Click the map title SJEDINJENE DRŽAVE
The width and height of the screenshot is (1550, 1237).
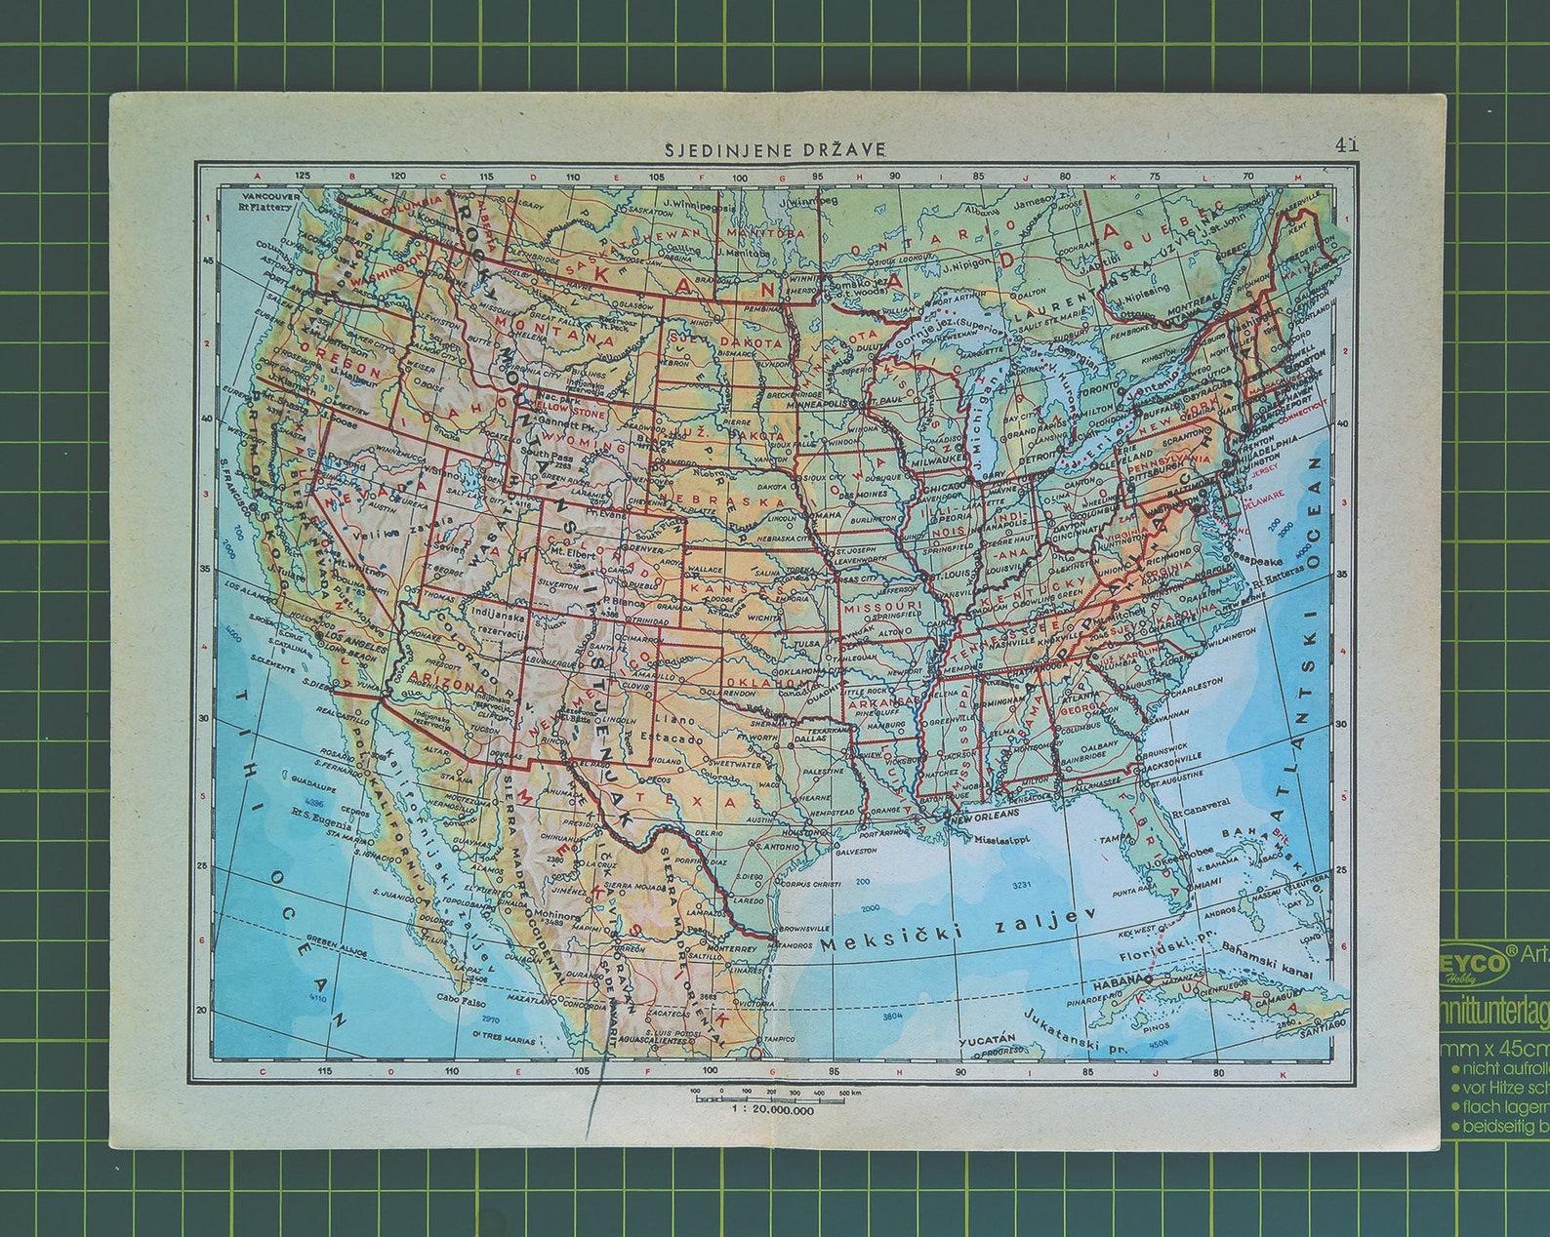point(775,149)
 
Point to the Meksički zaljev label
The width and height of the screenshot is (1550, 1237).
point(959,932)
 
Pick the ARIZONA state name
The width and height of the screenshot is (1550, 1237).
point(448,680)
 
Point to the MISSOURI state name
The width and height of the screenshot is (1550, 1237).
point(881,606)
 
